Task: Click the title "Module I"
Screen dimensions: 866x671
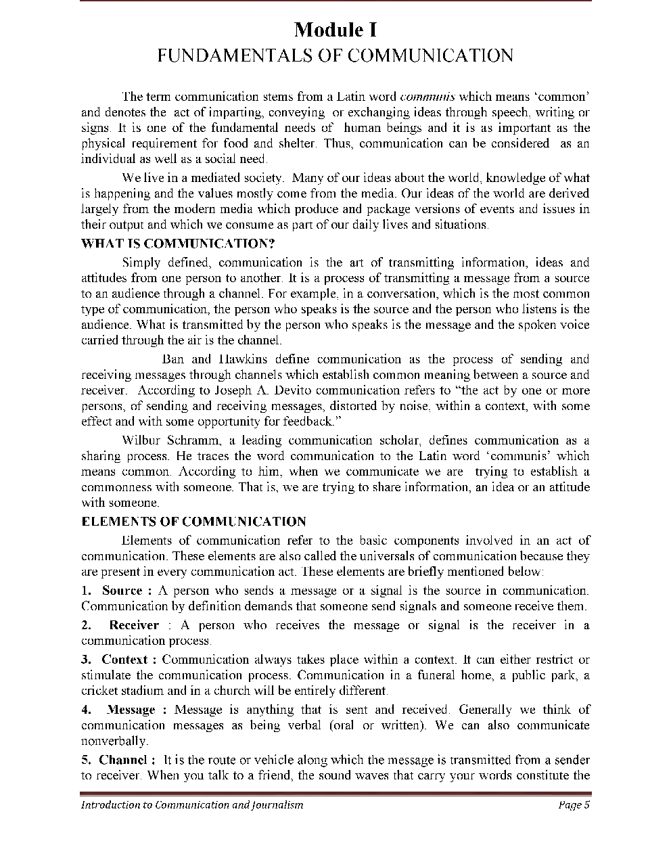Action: pyautogui.click(x=335, y=30)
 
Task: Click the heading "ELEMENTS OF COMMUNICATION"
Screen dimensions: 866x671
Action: pyautogui.click(x=193, y=522)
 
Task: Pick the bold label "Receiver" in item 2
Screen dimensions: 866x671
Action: pyautogui.click(x=134, y=625)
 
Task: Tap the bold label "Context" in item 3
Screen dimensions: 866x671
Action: pyautogui.click(x=124, y=660)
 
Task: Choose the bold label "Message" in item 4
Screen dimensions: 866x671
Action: pyautogui.click(x=131, y=710)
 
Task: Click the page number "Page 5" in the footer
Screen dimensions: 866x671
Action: pyautogui.click(x=574, y=805)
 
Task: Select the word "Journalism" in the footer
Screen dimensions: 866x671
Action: pyautogui.click(x=277, y=805)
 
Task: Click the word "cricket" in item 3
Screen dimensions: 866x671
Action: pyautogui.click(x=99, y=691)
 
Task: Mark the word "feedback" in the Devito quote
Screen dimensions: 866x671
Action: pyautogui.click(x=310, y=421)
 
